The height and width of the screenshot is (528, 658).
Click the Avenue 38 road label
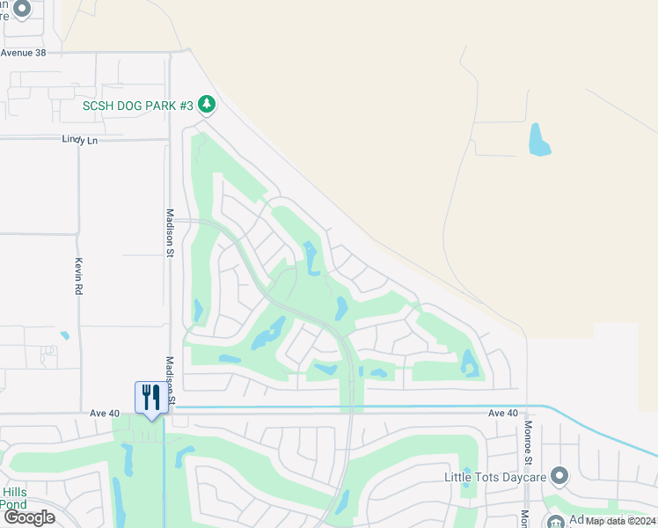coord(23,53)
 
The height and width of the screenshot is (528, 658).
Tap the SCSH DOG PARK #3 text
coord(137,106)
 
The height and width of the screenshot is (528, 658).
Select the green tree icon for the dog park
coord(207,106)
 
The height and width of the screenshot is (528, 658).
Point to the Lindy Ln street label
coord(79,140)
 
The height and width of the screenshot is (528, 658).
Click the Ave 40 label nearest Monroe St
coord(503,414)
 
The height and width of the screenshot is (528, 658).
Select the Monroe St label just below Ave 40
coord(528,442)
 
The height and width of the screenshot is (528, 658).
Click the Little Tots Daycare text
coord(495,477)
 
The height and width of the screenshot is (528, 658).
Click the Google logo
coord(29,517)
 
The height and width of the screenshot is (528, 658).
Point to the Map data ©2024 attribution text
coord(620,521)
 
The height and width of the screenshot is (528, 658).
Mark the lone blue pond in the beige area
coord(538,140)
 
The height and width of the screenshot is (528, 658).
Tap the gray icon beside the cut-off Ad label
coord(555,521)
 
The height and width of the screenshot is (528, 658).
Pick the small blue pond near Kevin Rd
coord(65,335)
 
